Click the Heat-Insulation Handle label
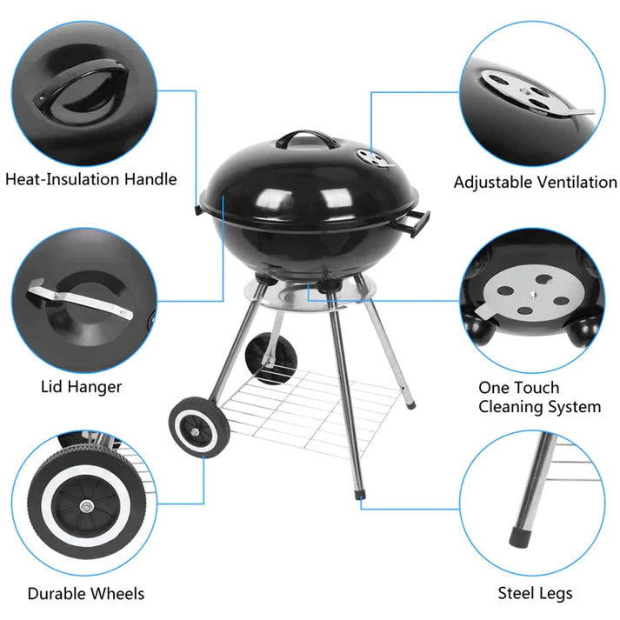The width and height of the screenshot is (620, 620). pyautogui.click(x=90, y=180)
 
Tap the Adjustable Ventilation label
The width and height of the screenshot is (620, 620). pyautogui.click(x=535, y=183)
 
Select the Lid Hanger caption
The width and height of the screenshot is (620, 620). pyautogui.click(x=81, y=386)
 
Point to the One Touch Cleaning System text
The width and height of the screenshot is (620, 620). pyautogui.click(x=539, y=397)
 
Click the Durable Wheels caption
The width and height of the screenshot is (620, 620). pyautogui.click(x=85, y=594)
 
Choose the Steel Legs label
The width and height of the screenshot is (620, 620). pyautogui.click(x=535, y=594)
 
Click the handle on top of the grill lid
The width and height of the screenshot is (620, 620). pyautogui.click(x=301, y=139)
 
